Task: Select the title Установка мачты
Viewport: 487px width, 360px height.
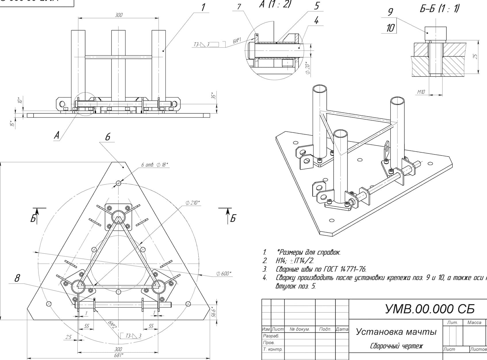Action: [x=396, y=332]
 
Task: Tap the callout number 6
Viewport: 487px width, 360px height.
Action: [x=108, y=137]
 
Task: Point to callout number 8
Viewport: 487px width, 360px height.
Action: [x=17, y=278]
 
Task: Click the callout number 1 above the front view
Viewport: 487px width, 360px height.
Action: [x=203, y=7]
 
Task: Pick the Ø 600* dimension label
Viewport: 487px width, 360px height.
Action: [x=224, y=274]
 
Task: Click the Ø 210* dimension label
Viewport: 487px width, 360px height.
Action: [x=192, y=203]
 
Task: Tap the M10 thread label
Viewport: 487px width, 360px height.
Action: [x=421, y=92]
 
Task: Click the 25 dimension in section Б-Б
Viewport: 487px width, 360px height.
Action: [x=476, y=56]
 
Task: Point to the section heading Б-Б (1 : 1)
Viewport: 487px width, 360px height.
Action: [x=439, y=9]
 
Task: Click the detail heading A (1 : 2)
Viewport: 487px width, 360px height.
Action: [x=275, y=4]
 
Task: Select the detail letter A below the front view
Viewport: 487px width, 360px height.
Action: [x=57, y=135]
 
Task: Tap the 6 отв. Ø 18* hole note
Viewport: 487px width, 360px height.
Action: [x=154, y=165]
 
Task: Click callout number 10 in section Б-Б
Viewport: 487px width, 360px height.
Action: [x=390, y=28]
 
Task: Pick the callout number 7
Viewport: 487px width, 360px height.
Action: [x=239, y=6]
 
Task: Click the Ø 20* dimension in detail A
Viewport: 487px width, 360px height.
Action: [x=308, y=69]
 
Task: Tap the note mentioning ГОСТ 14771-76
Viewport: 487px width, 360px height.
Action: [x=321, y=269]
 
